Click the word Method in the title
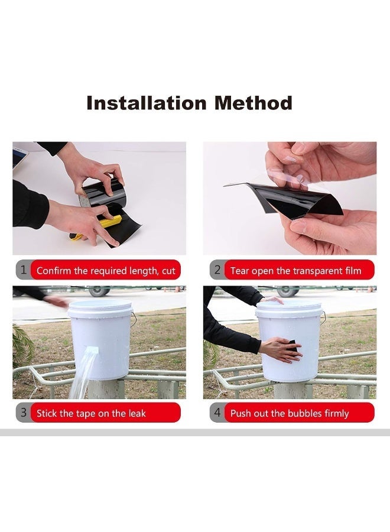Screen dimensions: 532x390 pos(253,103)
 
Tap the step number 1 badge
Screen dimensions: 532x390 pos(23,271)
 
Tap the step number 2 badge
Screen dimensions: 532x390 pos(217,271)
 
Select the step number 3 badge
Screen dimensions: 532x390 pos(23,413)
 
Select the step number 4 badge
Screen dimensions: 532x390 pos(217,413)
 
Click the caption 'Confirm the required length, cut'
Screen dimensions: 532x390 pos(106,271)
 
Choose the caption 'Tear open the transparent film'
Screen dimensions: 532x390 pos(295,271)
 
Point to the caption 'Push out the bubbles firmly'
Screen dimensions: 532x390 pos(290,413)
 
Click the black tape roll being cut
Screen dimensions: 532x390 pos(103,194)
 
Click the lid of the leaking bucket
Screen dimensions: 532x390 pos(100,306)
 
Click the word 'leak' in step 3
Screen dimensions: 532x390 pos(135,413)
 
